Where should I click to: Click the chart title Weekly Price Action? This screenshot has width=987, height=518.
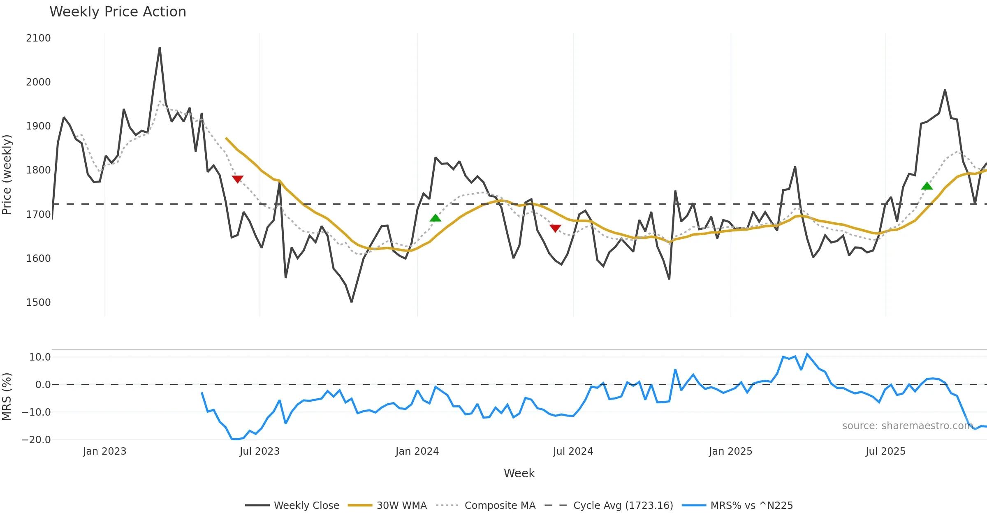118,12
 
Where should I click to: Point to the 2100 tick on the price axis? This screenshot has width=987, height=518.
38,38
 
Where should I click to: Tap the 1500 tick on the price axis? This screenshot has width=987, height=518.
38,303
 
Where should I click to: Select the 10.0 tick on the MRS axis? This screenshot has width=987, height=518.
40,357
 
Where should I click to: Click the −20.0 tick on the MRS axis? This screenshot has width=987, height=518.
36,440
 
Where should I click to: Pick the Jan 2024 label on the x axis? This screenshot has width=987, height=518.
417,451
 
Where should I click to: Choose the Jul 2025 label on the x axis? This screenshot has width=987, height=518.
885,451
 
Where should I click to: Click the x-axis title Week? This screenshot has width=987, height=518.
519,474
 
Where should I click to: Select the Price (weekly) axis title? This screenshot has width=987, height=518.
7,175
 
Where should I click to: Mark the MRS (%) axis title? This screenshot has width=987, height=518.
7,397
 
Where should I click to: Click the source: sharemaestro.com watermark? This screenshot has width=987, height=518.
907,426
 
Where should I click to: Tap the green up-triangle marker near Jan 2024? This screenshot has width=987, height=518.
435,218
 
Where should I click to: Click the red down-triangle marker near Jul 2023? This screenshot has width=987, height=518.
237,179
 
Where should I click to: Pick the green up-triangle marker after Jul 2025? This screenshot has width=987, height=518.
927,186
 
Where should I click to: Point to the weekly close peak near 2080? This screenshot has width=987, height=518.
160,48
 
